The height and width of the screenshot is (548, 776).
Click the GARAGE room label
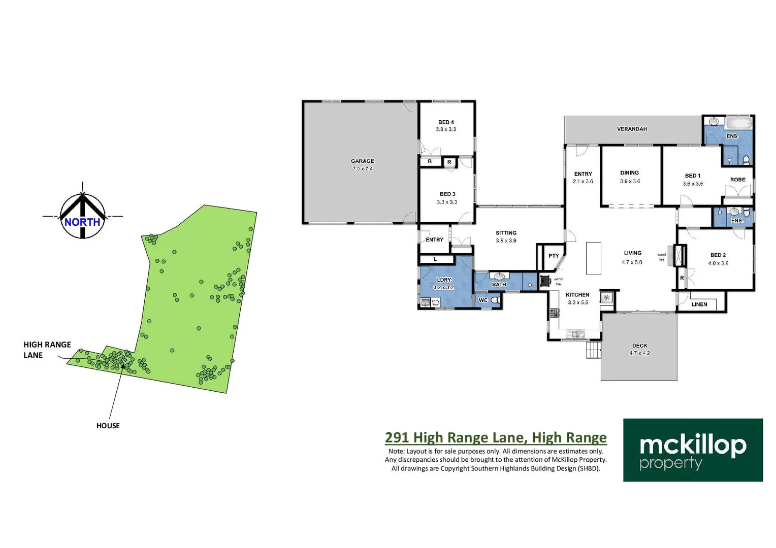(x=362, y=161)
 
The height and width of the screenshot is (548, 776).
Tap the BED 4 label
(x=446, y=122)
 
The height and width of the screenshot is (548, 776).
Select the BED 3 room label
(x=447, y=194)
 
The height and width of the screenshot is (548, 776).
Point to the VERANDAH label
(x=632, y=129)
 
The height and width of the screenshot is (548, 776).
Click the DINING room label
(x=629, y=173)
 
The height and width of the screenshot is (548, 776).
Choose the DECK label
(x=639, y=346)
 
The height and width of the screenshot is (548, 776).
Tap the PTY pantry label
(x=554, y=256)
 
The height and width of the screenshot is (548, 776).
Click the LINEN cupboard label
(x=699, y=304)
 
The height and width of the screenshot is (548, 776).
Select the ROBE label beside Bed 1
(x=737, y=180)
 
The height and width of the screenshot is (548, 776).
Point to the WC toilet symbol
(x=495, y=300)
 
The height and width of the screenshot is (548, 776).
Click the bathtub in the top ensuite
(x=738, y=123)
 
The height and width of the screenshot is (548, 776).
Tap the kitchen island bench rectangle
(x=593, y=258)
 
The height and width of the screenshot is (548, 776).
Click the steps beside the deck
(x=593, y=350)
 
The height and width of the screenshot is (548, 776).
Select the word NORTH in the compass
(x=82, y=222)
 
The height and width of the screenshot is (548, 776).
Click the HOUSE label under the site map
(x=108, y=426)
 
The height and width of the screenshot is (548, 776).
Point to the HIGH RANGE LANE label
(x=47, y=350)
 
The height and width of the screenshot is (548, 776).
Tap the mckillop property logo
(x=693, y=450)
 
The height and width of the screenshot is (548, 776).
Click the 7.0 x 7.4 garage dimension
(x=362, y=169)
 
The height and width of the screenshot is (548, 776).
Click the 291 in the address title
(x=397, y=437)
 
